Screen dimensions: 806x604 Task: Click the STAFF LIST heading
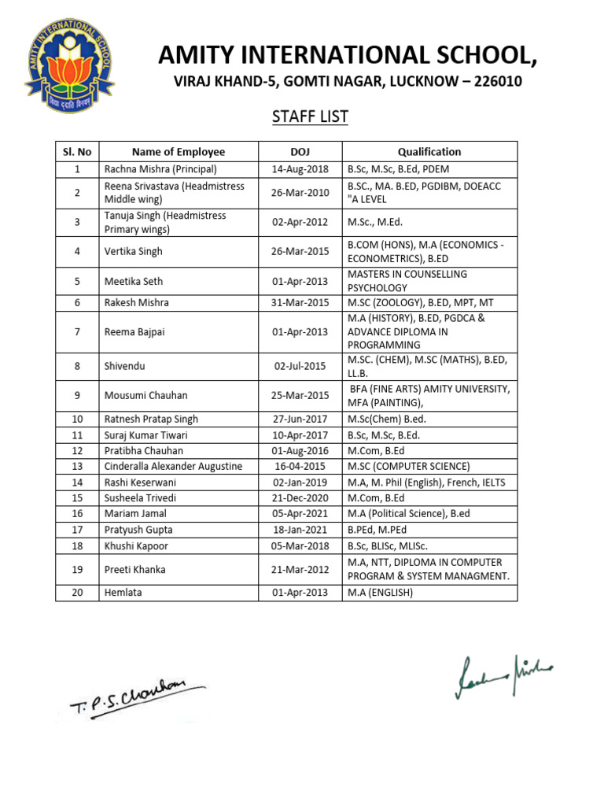pos(310,117)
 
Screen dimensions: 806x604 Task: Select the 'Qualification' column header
pos(429,152)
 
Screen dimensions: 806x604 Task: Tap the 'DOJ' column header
pos(300,152)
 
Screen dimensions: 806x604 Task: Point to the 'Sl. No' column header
pos(77,152)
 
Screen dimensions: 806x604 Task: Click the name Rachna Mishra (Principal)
pos(160,169)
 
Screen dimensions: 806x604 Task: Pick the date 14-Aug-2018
pos(300,169)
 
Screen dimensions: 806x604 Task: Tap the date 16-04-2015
pos(300,466)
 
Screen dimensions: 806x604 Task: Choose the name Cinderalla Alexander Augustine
pos(173,466)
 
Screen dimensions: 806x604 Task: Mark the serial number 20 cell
pos(77,593)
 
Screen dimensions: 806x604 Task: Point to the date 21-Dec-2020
pos(300,498)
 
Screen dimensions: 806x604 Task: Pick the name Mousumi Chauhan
pos(145,395)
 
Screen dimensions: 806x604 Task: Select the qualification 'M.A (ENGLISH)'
pos(380,593)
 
